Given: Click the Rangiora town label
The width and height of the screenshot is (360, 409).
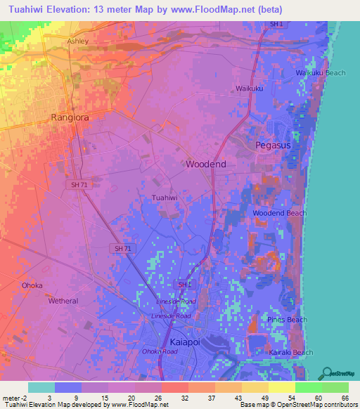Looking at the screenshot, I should pos(70,117).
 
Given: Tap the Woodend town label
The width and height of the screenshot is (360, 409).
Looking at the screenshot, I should pos(206,164).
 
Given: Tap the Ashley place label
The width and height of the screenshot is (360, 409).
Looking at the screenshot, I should pos(78,41).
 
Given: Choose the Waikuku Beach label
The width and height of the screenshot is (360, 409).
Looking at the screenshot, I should pos(320,73).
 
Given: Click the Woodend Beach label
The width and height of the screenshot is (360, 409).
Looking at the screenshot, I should pos(279,213).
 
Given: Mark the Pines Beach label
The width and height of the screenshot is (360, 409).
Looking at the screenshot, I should pos(287,320).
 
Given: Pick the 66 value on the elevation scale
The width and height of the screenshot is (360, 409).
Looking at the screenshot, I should pos(345,398).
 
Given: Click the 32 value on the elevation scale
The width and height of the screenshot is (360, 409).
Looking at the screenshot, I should pos(174,398).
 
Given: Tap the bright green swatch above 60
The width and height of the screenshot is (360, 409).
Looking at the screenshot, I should pos(308,387).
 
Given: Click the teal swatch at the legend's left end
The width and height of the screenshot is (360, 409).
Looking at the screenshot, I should pos(41,387).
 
